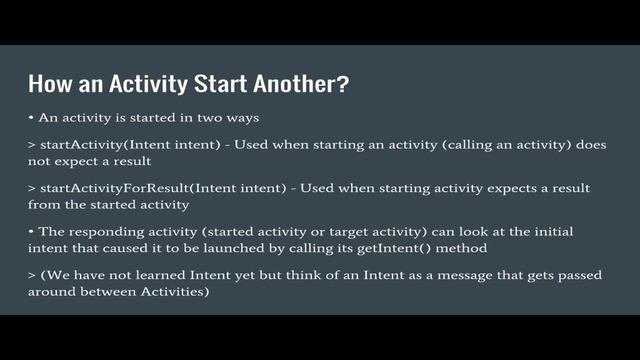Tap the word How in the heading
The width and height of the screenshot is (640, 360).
[48, 83]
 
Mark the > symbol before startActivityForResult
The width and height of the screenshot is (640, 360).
[32, 188]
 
